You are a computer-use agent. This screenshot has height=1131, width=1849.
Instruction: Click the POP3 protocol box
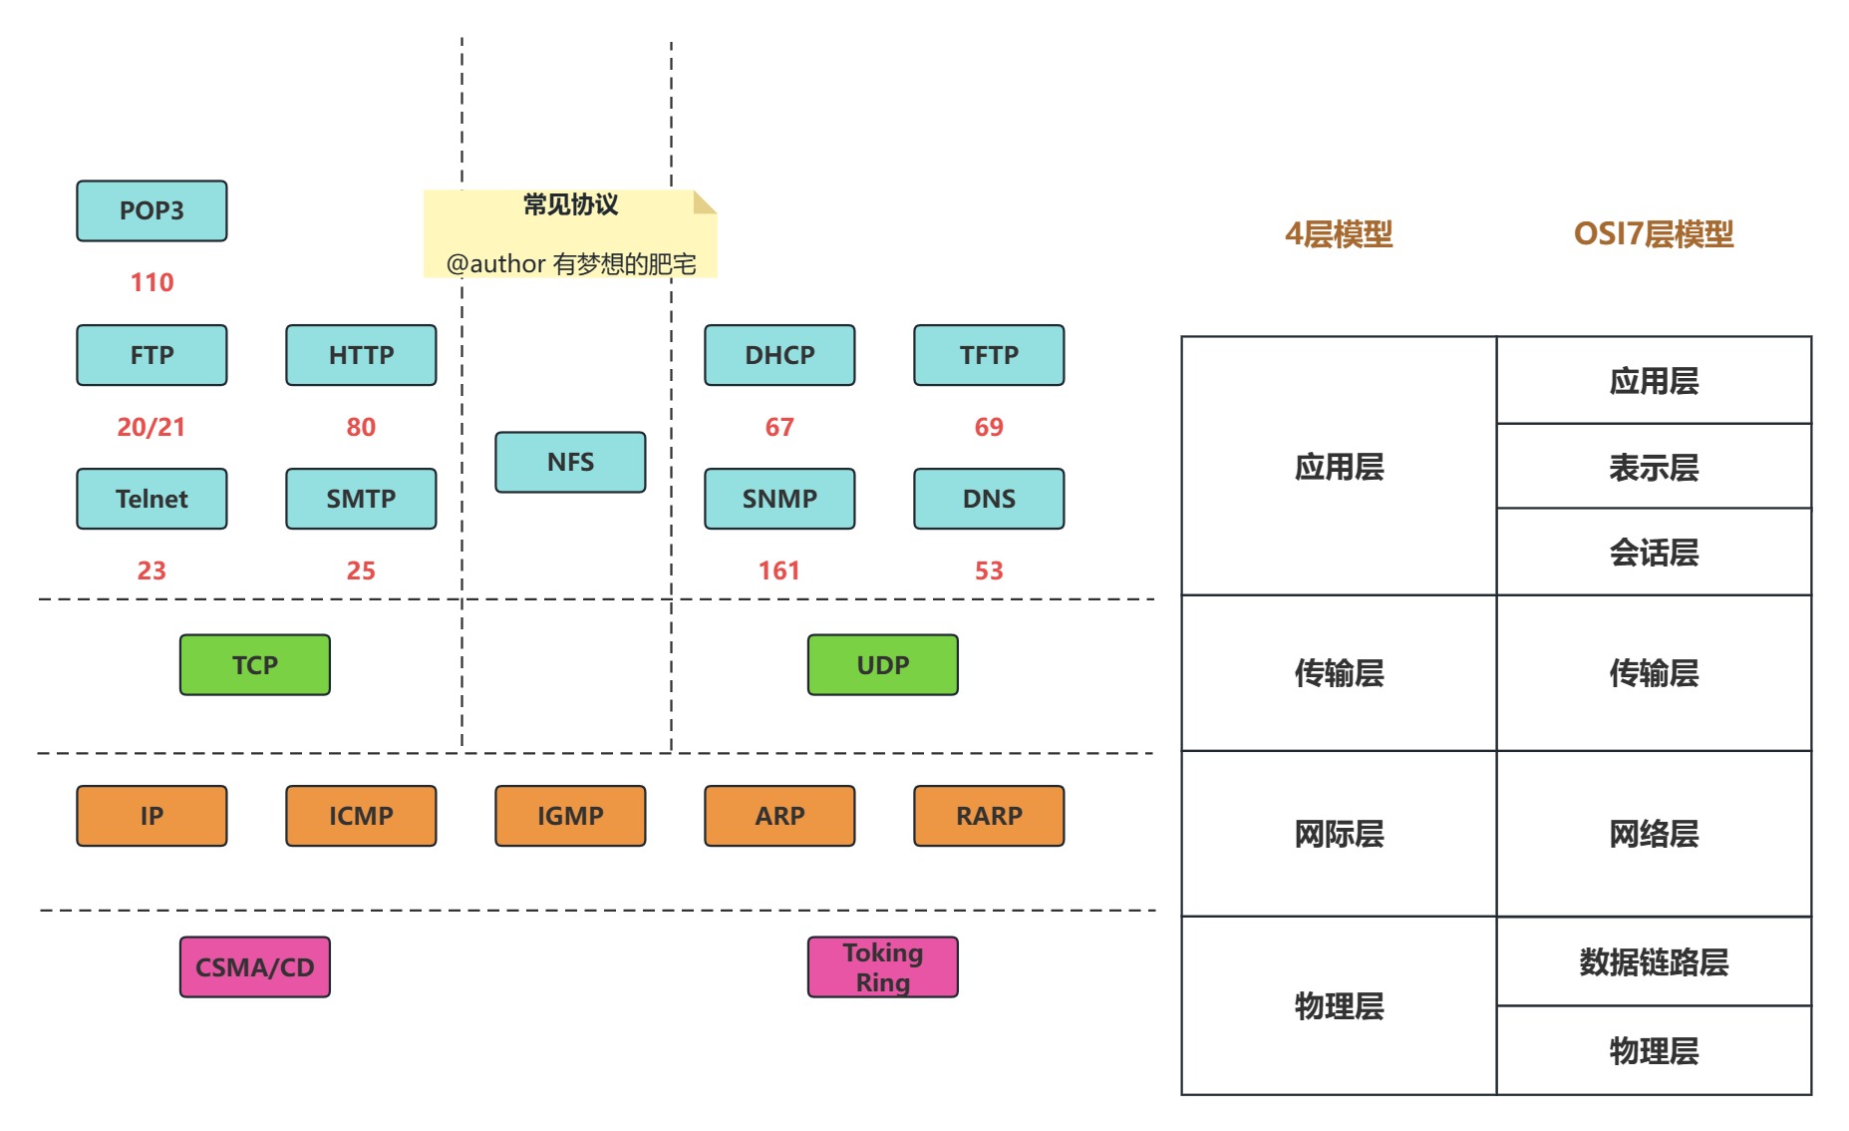click(x=152, y=210)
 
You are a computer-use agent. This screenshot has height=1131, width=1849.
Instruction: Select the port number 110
click(x=152, y=282)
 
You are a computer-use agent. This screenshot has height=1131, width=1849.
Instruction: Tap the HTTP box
click(x=361, y=355)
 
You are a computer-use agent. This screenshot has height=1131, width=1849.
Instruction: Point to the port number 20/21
click(x=152, y=427)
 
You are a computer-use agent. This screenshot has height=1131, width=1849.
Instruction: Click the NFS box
click(x=570, y=462)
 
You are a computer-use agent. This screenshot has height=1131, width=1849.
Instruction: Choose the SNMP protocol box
click(x=779, y=499)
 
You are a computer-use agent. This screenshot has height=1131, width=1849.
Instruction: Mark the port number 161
click(x=779, y=570)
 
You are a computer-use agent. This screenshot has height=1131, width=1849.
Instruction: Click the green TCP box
click(x=255, y=665)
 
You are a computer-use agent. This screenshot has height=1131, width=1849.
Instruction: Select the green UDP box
click(x=883, y=665)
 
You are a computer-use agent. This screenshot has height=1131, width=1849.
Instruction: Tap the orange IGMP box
click(x=570, y=816)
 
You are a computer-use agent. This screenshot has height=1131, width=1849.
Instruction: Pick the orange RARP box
click(x=989, y=816)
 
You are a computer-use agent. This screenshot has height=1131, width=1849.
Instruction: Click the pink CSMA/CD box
click(x=255, y=967)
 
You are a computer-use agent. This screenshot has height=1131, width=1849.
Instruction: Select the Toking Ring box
click(x=883, y=967)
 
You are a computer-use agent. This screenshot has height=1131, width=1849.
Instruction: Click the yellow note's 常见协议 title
click(x=570, y=204)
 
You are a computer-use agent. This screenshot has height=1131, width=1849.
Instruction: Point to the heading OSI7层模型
click(x=1653, y=234)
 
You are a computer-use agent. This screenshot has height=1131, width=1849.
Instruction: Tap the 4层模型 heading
click(x=1339, y=234)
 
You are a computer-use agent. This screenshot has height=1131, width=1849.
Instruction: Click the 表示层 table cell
click(x=1653, y=467)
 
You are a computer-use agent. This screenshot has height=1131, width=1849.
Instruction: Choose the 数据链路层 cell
click(x=1653, y=961)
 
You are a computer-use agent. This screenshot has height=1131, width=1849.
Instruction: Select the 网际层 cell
click(x=1339, y=834)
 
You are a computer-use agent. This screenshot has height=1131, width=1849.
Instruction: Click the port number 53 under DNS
click(x=989, y=570)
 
